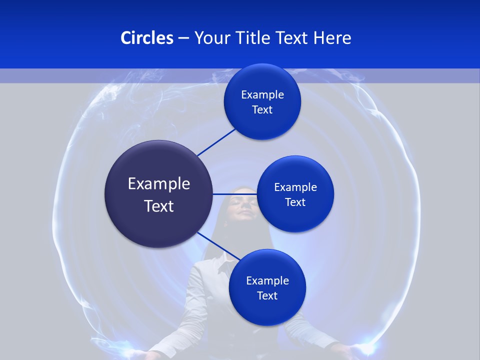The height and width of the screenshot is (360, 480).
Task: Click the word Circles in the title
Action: [x=146, y=38]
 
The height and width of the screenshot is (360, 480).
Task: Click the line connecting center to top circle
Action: [x=216, y=142]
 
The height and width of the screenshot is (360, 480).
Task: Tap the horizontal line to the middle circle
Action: [x=235, y=194]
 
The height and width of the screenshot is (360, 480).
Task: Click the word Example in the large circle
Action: [x=159, y=184]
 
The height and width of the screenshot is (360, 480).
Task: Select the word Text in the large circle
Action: [x=159, y=206]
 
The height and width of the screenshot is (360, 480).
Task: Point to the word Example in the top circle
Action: [x=262, y=95]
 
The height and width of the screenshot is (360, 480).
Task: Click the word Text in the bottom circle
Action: [x=267, y=295]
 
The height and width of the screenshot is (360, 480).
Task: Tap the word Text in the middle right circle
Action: [x=295, y=202]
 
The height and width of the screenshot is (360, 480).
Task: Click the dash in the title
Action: [x=183, y=38]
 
